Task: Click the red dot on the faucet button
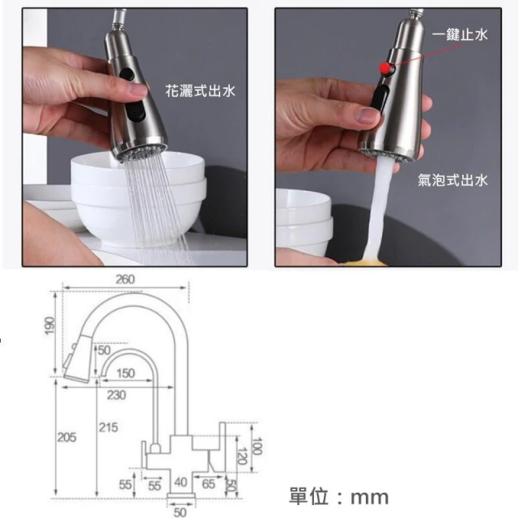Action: [x=385, y=68]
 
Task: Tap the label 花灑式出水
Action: [x=200, y=91]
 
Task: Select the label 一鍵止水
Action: [x=460, y=34]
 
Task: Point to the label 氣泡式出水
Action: [x=452, y=180]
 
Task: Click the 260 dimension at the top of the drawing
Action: [x=125, y=280]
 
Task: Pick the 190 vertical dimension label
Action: [x=49, y=325]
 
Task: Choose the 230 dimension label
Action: [x=117, y=395]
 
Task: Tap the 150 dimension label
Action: [x=125, y=373]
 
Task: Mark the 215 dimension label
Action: [x=108, y=427]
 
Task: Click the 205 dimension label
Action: [x=66, y=437]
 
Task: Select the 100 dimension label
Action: [x=257, y=446]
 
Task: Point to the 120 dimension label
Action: [x=243, y=456]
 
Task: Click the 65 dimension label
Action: [x=209, y=484]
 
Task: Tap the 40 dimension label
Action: [x=180, y=482]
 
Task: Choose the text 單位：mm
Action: [x=339, y=496]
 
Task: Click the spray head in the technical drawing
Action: [x=79, y=359]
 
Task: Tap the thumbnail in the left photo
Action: [x=136, y=89]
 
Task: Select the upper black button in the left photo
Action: [x=127, y=74]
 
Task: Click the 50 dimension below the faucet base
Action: [x=180, y=512]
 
